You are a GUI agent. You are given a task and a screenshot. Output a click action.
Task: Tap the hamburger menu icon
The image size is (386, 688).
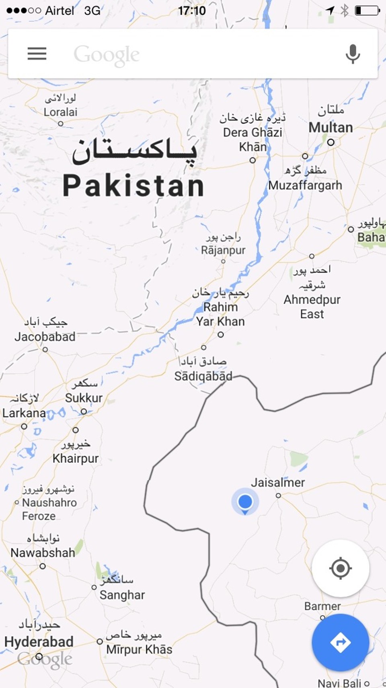[37, 54]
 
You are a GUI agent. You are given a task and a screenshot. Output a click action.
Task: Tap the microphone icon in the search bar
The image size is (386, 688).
[353, 54]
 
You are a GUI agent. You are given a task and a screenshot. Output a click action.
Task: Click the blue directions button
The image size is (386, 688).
[340, 642]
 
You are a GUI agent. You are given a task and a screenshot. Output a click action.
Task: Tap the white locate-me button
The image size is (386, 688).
[340, 568]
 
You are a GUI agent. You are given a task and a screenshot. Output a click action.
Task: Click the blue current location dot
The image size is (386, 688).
[245, 502]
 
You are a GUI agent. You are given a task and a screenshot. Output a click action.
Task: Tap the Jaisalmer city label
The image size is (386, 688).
[278, 482]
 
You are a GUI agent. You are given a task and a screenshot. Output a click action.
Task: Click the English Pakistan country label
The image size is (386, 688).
[133, 186]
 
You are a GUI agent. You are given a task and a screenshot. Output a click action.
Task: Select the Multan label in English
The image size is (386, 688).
[331, 128]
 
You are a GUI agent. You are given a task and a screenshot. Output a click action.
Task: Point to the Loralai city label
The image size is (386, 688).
[60, 112]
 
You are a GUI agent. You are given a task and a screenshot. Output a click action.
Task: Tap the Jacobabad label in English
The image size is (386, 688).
[45, 337]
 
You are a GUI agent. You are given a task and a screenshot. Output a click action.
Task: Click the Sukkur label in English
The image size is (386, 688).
[84, 398]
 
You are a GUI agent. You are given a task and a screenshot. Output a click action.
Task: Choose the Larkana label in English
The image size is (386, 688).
[24, 413]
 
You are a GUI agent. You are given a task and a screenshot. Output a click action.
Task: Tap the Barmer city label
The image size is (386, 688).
[322, 606]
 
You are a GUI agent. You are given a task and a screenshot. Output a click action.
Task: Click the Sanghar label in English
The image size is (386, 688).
[122, 595]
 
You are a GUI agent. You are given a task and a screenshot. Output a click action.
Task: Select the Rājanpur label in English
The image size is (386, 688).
[223, 250]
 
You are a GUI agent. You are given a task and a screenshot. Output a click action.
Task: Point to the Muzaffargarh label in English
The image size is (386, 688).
[305, 185]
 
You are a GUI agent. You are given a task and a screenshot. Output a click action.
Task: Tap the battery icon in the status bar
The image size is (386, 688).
[367, 10]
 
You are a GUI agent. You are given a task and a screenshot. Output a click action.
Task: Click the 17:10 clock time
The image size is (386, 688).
[192, 10]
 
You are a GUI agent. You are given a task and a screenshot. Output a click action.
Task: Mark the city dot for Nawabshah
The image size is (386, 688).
[43, 566]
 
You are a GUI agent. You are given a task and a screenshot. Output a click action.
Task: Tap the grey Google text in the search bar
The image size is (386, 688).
[107, 55]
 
